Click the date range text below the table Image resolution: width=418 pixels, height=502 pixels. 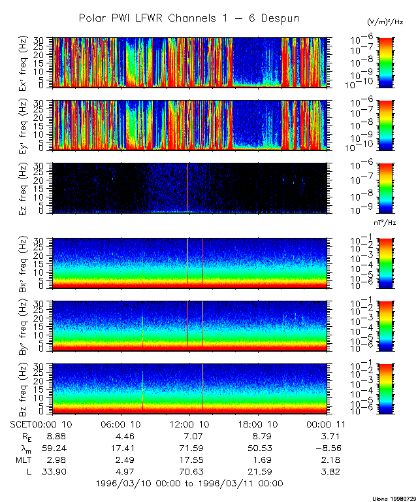tap(189, 483)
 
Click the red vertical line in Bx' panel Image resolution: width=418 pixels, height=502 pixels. tap(203, 261)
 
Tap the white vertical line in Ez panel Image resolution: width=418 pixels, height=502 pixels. tap(188, 188)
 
